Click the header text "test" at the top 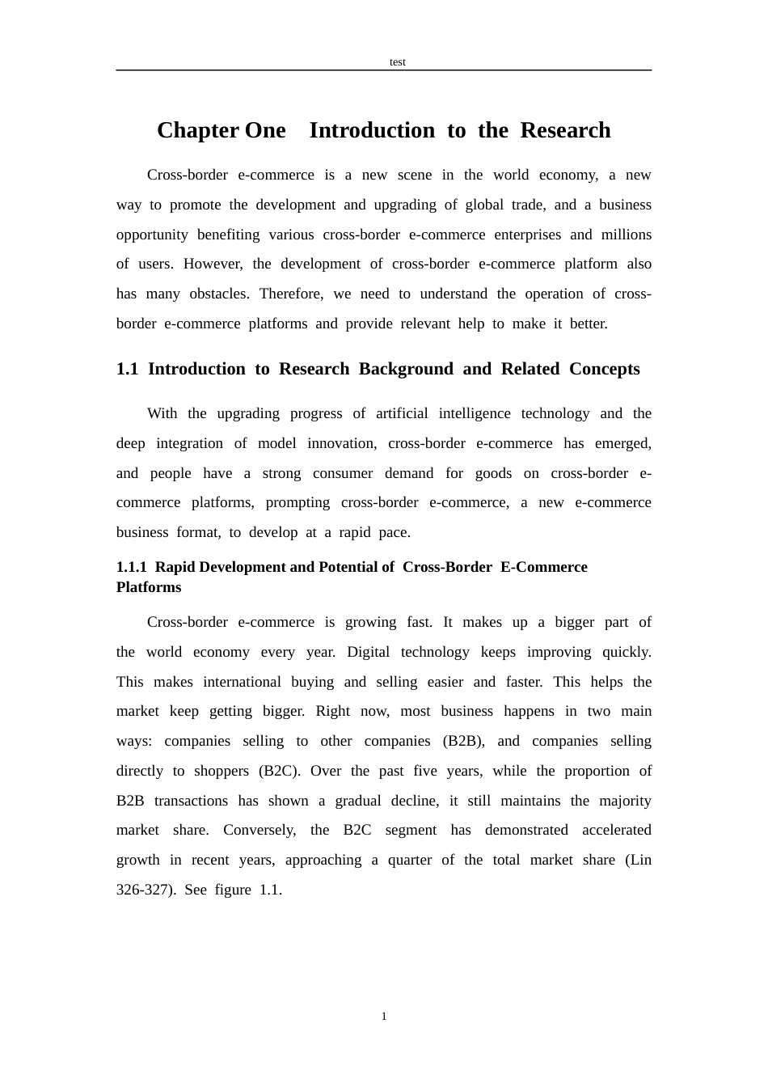[x=397, y=62]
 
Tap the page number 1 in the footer [x=384, y=1017]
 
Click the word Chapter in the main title [x=197, y=130]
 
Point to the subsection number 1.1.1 [x=131, y=567]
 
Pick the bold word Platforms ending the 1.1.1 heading [x=149, y=587]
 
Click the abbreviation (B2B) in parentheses [x=461, y=741]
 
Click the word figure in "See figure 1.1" [x=233, y=890]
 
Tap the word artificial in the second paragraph [x=402, y=413]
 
